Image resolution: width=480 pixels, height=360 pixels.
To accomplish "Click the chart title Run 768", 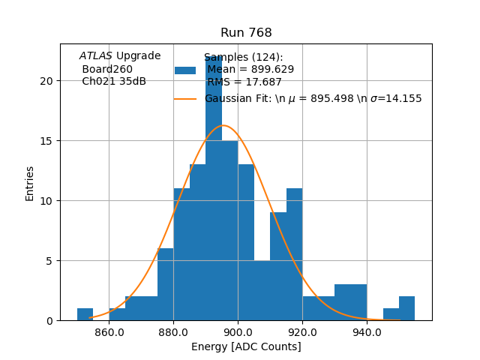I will click(246, 33).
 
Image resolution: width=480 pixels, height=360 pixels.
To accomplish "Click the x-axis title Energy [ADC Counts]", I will click(246, 346).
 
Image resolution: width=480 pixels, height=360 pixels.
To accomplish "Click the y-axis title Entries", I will click(30, 183).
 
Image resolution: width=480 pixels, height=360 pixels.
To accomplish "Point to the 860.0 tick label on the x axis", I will click(109, 331).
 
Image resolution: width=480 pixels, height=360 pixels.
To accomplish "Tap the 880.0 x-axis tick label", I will click(173, 331).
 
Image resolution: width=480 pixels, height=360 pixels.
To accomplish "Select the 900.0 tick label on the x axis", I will click(238, 331).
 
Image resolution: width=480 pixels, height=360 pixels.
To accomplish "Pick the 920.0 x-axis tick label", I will click(302, 331).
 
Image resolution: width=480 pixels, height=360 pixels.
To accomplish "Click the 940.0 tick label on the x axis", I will click(367, 331).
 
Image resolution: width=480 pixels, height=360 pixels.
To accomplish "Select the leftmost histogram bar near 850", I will click(85, 315).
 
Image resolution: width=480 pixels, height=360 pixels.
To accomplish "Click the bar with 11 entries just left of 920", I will click(294, 255).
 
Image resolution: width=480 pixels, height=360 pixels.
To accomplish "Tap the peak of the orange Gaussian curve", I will click(222, 125).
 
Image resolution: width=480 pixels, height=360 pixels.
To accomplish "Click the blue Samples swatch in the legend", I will click(185, 70).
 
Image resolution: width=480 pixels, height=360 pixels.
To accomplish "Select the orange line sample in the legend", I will click(185, 98).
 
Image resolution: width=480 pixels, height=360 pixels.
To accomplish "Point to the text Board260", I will click(107, 69).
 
